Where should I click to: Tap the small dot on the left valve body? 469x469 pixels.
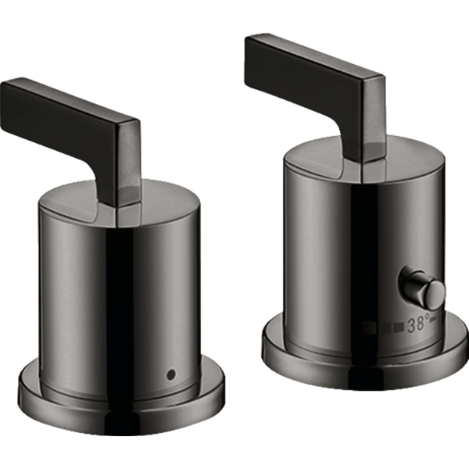coord(171,374)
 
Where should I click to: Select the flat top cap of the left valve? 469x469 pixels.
coord(120,198)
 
